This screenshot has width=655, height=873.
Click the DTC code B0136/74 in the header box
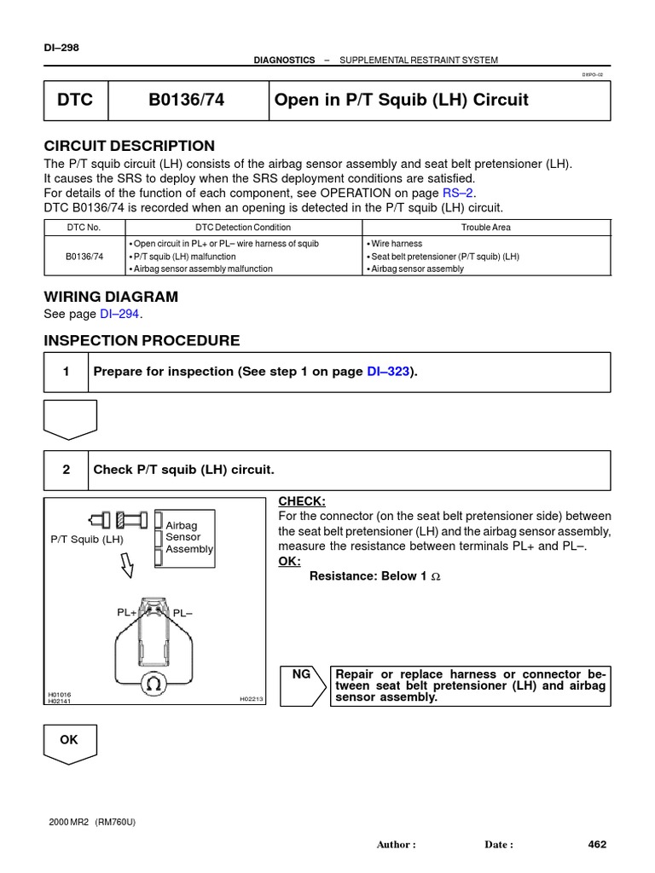(185, 100)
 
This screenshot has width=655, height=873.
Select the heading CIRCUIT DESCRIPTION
(129, 146)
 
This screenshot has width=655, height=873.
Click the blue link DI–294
(120, 314)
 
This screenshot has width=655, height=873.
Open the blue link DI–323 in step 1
(388, 372)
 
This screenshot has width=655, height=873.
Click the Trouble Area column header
(485, 228)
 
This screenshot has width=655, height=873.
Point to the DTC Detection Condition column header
(243, 228)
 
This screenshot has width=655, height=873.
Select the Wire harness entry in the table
(396, 243)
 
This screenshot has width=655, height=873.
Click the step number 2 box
(65, 471)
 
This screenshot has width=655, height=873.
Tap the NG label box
(302, 674)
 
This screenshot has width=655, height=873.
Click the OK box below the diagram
(69, 740)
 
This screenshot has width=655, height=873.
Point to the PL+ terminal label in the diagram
(127, 613)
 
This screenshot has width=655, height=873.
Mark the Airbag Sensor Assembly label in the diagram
(188, 538)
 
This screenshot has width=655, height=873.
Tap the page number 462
(597, 844)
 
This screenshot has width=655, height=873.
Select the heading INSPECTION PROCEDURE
(142, 341)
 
